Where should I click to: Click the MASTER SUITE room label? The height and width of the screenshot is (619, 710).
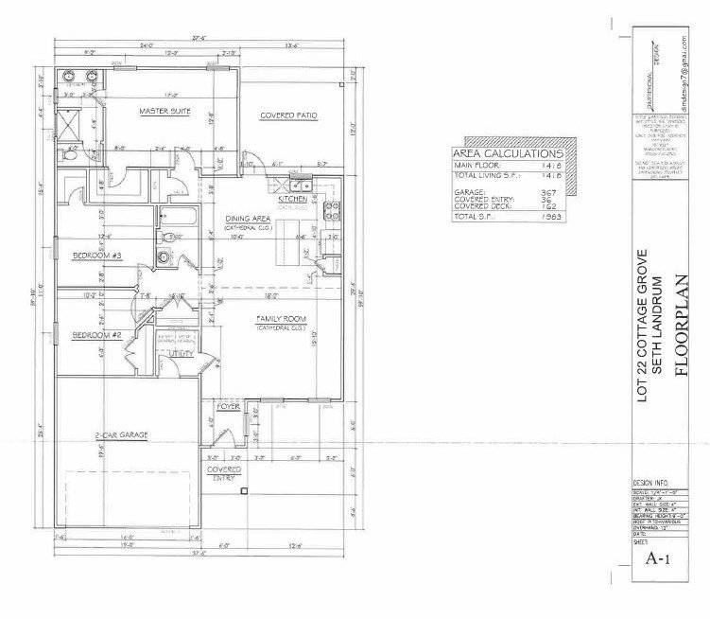[165, 112]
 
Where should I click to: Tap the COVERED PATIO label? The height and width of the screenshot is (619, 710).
[288, 115]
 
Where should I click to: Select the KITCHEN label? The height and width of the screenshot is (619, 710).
[291, 200]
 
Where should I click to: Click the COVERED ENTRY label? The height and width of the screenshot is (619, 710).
[225, 473]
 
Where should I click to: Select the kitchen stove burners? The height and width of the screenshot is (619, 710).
[331, 210]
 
